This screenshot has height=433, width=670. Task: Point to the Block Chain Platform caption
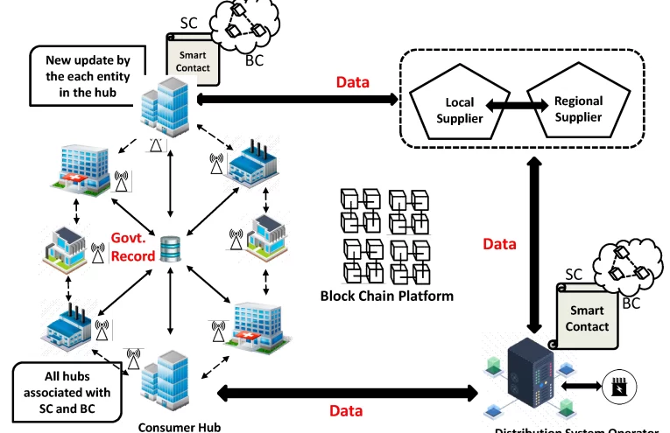coord(386,296)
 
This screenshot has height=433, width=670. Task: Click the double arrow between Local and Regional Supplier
coord(511,105)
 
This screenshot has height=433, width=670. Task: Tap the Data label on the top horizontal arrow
coord(353,82)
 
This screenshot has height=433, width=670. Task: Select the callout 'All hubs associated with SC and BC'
coord(67,388)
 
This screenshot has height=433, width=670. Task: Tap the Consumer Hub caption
coord(173,427)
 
